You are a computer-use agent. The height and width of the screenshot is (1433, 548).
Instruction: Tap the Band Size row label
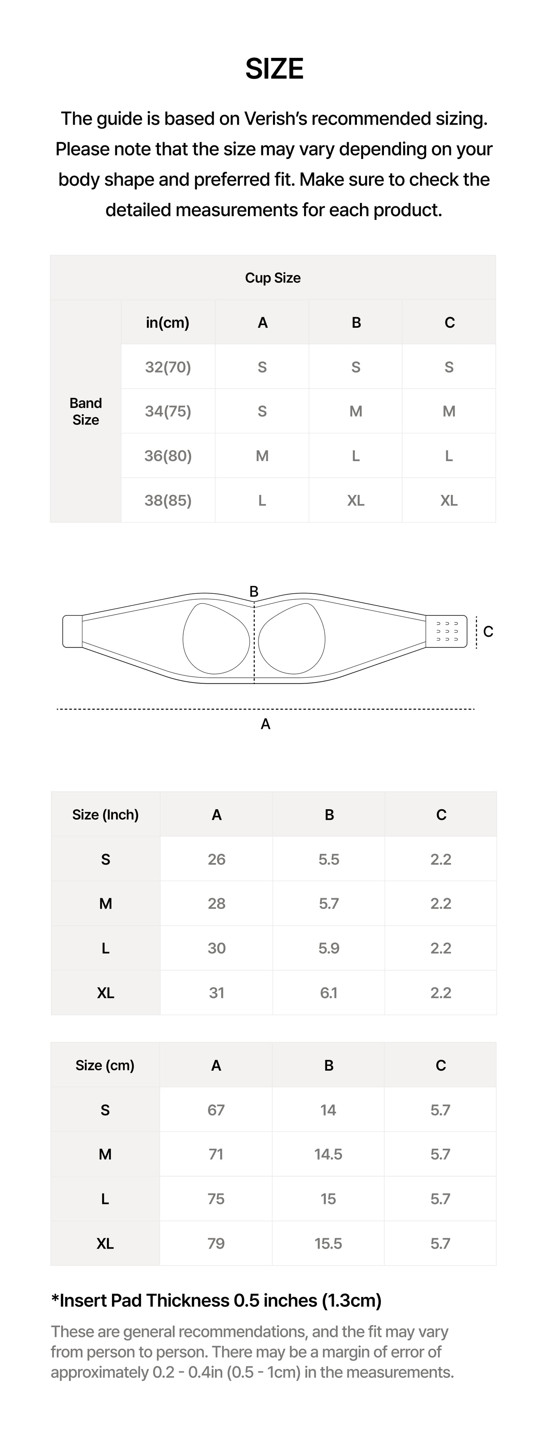pos(86,411)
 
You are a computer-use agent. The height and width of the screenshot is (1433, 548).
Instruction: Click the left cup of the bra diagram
pos(216,639)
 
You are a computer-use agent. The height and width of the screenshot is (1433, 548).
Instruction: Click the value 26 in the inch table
pos(216,859)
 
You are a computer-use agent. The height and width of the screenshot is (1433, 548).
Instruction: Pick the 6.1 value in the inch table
pos(329,993)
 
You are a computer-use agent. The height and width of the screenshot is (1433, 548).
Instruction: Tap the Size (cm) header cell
pos(105,1065)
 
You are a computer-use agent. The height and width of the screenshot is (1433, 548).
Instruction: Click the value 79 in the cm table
pos(216,1243)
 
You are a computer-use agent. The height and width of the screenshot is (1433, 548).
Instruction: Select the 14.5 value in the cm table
pos(328,1154)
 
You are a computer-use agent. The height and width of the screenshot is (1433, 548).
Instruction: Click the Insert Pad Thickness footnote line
pos(216,1300)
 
